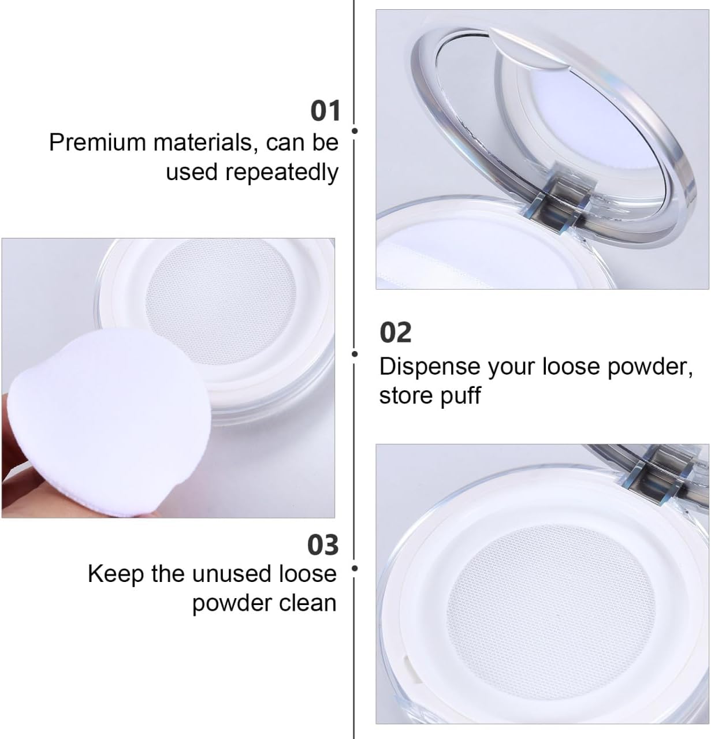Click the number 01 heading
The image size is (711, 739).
326,111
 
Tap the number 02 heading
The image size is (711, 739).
396,333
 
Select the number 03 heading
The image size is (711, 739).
323,545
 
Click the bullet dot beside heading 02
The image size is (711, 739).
355,353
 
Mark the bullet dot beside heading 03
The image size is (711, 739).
355,569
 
